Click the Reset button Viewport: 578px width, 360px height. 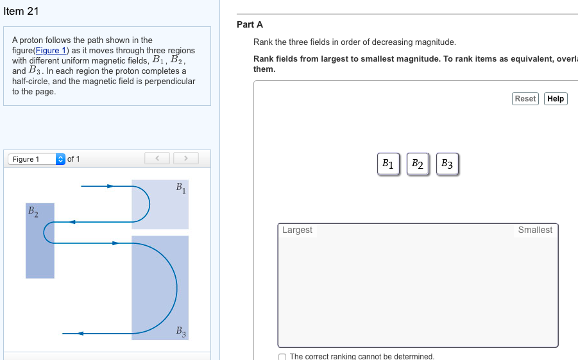525,99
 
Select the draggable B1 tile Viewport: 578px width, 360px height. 388,164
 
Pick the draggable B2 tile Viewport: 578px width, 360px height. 418,164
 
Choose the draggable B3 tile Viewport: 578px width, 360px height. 447,164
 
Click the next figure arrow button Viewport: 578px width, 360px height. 185,158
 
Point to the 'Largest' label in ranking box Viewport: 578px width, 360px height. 297,230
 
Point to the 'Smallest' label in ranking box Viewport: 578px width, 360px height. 535,230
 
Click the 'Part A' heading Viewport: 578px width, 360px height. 250,24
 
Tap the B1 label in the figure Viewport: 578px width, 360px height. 180,188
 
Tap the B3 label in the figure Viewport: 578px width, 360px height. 181,332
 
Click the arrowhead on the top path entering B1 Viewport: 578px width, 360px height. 110,186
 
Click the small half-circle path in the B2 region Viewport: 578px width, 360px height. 46,232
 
